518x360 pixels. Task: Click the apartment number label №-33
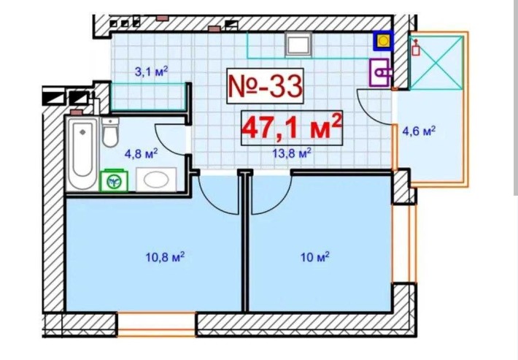tap(265, 86)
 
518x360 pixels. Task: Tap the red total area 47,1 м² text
tap(292, 127)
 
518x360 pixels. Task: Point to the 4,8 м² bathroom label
tap(141, 153)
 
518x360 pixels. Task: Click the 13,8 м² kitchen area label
tap(292, 153)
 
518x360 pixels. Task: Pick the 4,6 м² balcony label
tap(419, 131)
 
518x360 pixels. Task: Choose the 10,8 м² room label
tap(165, 257)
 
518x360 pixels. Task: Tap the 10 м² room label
tap(315, 257)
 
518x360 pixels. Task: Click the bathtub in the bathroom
tap(82, 153)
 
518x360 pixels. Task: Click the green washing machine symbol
tap(115, 180)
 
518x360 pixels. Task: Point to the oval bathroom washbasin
tap(156, 180)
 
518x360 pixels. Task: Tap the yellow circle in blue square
tap(383, 41)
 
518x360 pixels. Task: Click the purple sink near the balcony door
tap(380, 72)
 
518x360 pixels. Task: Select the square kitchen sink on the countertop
tap(298, 45)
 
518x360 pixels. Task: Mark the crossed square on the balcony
tap(436, 63)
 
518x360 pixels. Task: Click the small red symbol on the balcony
tap(416, 47)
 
